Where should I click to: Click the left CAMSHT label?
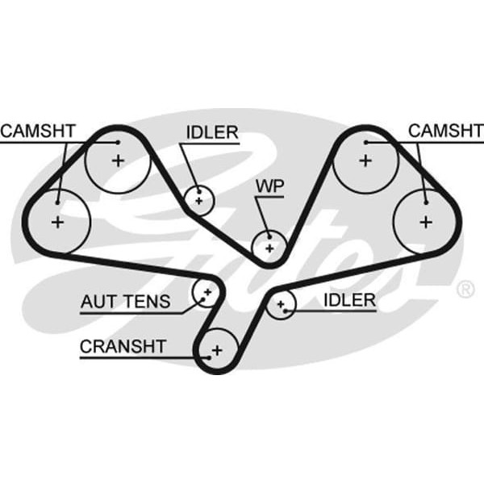[x=39, y=131]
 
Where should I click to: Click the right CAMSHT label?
[x=446, y=131]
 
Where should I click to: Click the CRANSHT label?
[x=123, y=347]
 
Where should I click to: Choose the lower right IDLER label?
[x=349, y=300]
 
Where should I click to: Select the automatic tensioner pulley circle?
[x=207, y=290]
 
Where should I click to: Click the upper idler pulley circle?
[x=198, y=198]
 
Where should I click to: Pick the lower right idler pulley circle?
[x=282, y=304]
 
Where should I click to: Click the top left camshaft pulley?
[x=118, y=160]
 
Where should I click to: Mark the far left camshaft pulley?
[x=57, y=221]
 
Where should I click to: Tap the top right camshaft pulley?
[x=365, y=160]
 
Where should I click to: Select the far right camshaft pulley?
[x=426, y=221]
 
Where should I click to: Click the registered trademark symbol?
[x=465, y=288]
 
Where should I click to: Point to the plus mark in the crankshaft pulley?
[x=215, y=351]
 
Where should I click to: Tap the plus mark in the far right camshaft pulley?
[x=426, y=221]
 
